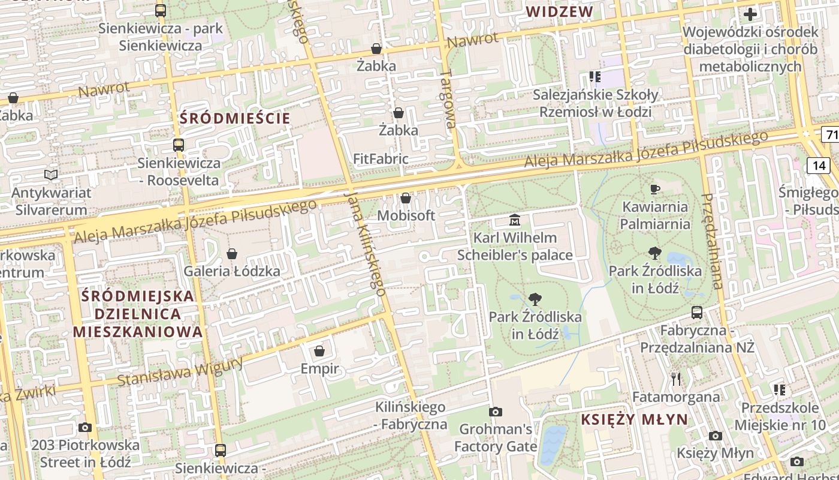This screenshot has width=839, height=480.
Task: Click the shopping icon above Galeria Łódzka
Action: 232,254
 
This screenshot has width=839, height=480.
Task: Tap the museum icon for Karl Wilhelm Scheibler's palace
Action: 515,220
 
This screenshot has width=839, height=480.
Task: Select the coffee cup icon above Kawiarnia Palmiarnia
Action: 655,190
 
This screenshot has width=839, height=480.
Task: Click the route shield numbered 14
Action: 819,165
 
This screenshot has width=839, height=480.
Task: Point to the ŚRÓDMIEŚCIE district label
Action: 235,118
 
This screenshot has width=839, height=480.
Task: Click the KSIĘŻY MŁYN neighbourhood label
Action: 635,419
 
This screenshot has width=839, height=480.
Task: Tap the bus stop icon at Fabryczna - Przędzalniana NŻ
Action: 697,313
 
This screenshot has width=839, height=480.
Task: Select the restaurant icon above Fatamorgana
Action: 676,379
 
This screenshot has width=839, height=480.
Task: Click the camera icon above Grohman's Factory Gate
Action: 496,412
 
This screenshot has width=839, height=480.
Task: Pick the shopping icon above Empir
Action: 319,350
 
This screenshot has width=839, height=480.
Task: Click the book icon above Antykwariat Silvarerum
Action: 51,175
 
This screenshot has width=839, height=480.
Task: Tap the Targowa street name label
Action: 448,99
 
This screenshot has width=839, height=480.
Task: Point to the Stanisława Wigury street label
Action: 180,373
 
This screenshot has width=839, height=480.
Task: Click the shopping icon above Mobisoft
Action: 406,198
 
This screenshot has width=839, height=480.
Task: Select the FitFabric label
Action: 381,159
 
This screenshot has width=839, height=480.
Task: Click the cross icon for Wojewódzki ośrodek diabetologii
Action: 750,14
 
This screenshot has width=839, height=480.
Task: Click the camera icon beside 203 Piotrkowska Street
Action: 85,428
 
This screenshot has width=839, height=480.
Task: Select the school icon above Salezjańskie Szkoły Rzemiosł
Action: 594,77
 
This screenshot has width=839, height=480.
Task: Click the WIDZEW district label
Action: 559,11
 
